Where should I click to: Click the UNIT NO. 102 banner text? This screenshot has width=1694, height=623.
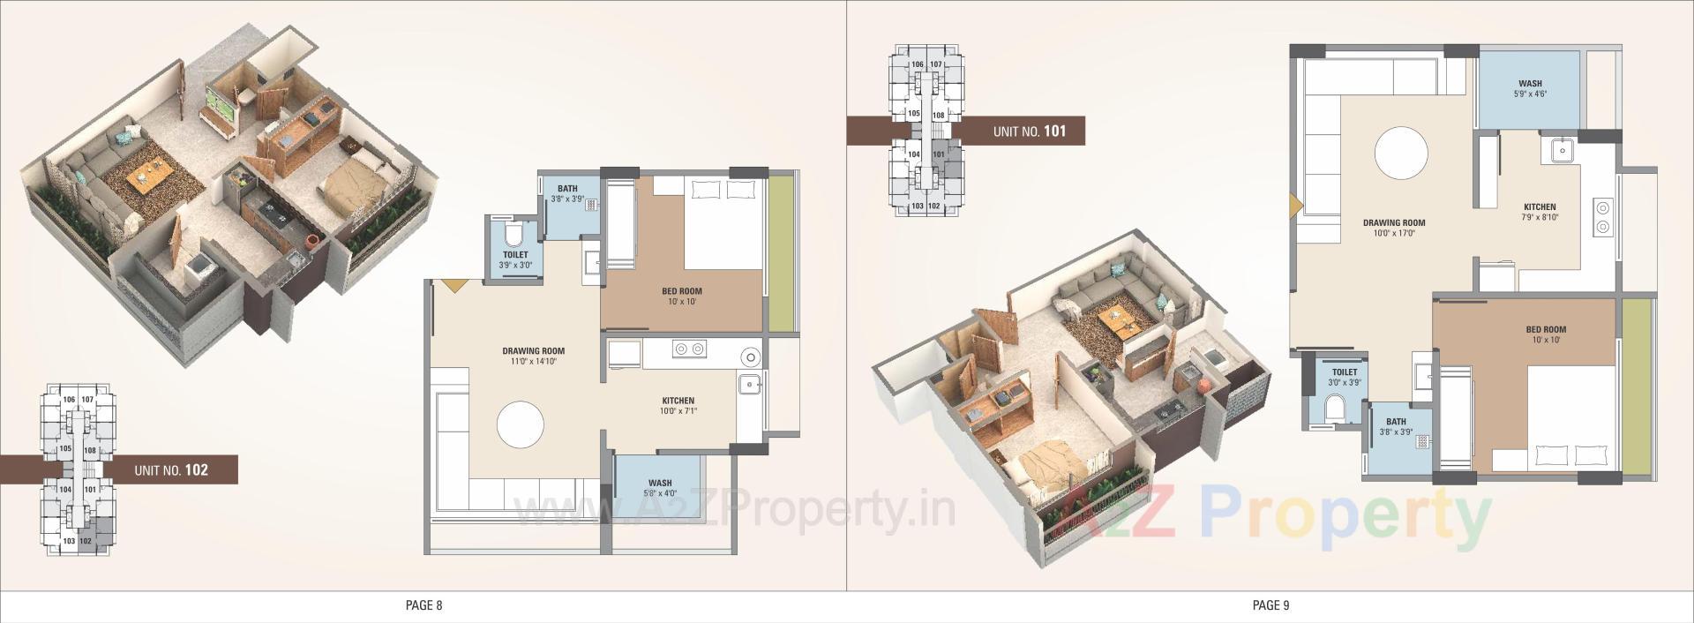click(x=171, y=470)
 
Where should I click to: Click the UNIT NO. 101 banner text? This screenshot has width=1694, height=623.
click(x=1029, y=131)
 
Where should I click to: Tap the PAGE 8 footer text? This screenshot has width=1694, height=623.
click(x=423, y=605)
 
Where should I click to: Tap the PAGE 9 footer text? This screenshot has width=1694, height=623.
click(x=1270, y=605)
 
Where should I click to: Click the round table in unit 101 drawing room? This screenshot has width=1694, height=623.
click(x=1400, y=153)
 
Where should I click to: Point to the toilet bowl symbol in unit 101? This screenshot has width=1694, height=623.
click(x=1336, y=408)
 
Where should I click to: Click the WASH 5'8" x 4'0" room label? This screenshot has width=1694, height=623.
click(x=659, y=487)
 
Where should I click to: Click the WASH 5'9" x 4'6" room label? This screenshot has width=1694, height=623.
click(x=1530, y=88)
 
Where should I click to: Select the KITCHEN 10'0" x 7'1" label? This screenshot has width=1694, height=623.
click(x=678, y=405)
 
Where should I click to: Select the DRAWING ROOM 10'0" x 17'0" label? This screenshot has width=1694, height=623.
click(x=1394, y=228)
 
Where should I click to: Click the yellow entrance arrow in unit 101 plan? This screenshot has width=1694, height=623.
click(x=1294, y=205)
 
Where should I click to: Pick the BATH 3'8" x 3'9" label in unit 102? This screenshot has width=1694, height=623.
click(x=567, y=192)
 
